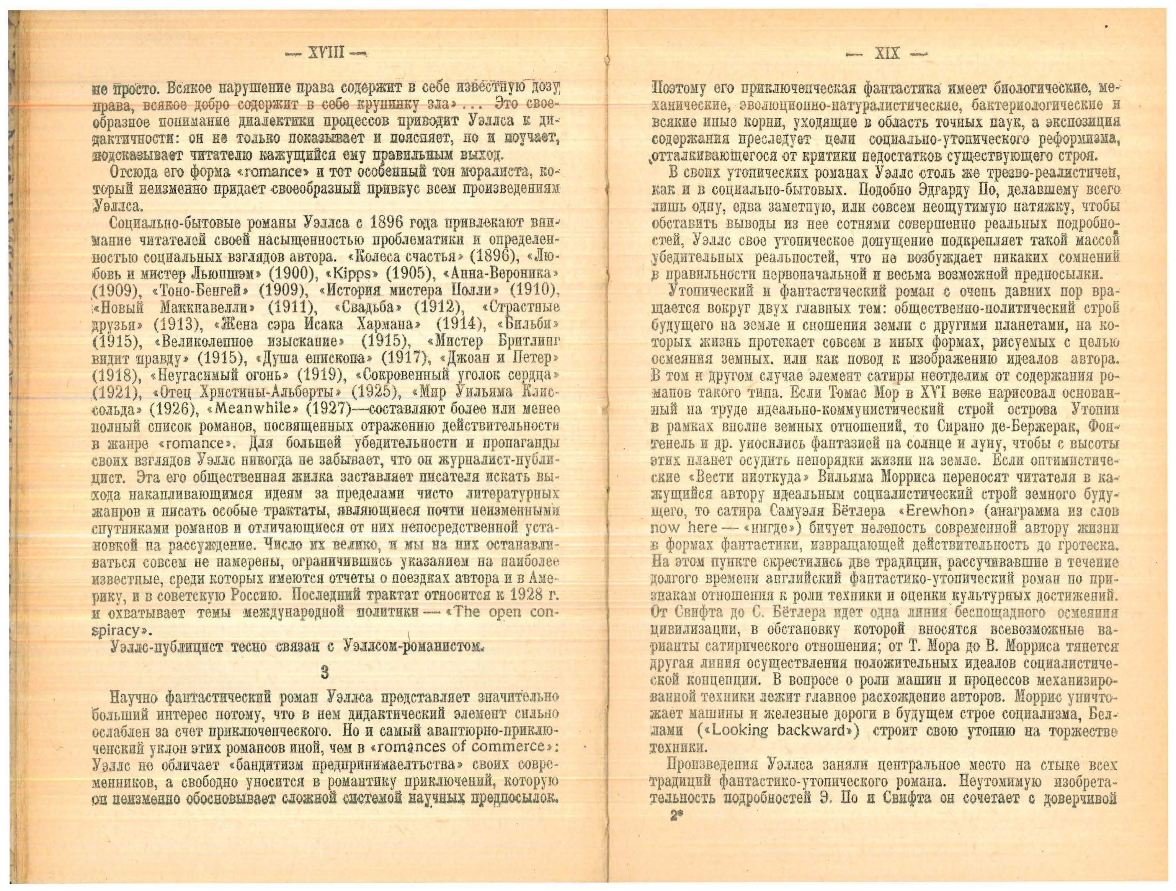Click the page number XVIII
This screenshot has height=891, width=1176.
tap(325, 53)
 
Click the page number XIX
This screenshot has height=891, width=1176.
tap(887, 54)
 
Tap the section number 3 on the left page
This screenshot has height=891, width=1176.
tap(325, 672)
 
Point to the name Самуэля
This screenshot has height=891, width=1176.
tap(798, 511)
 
